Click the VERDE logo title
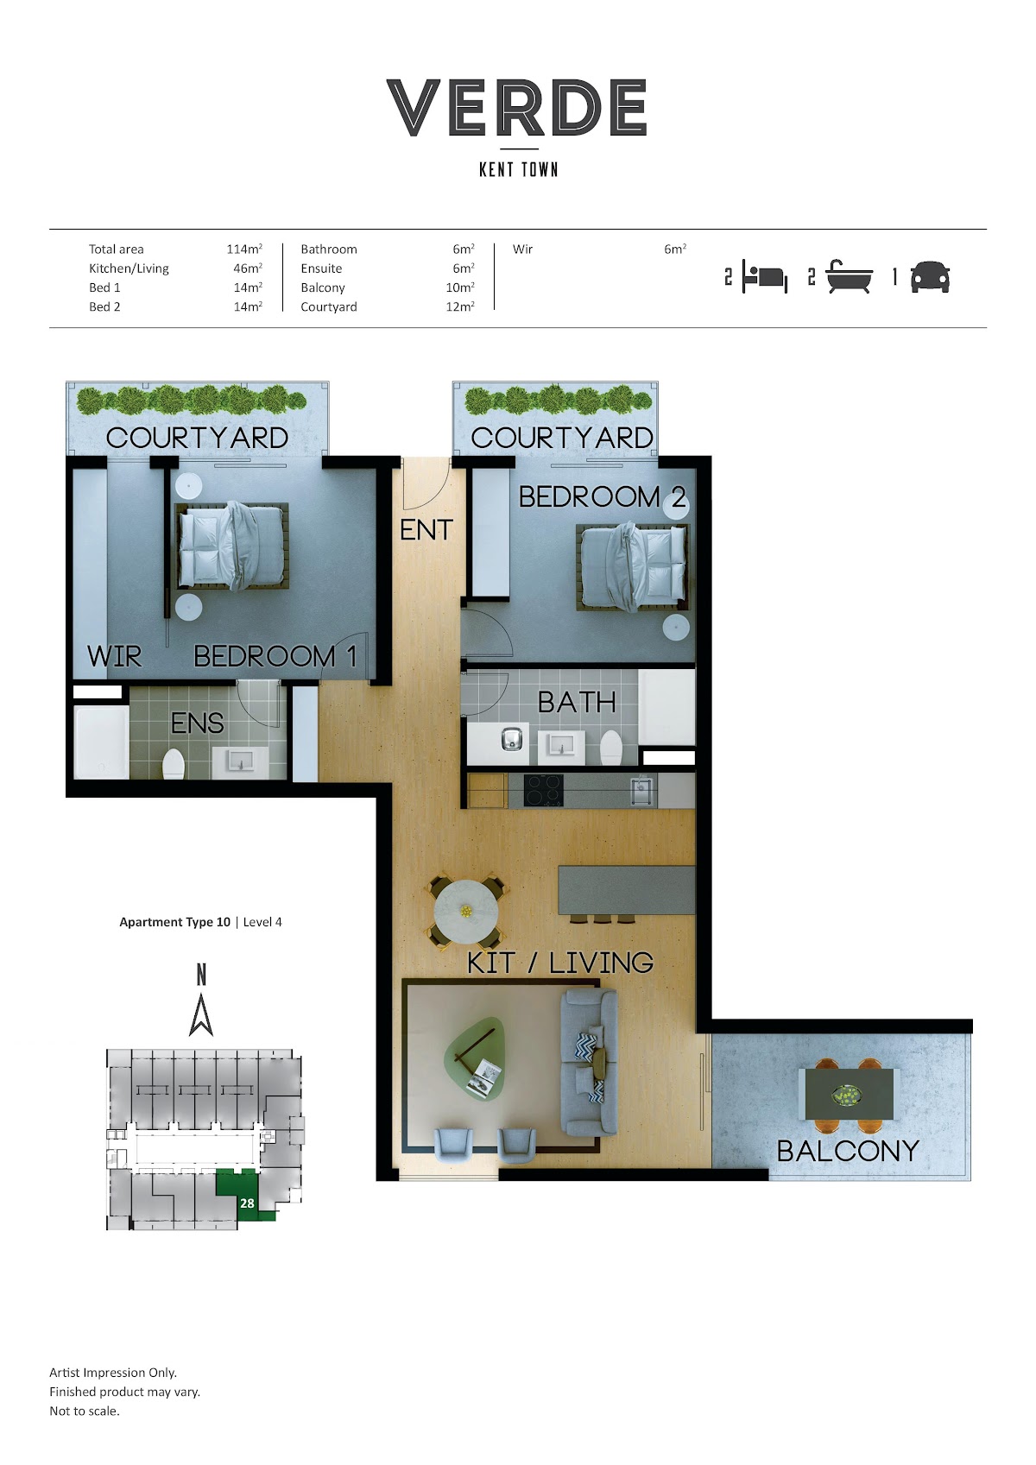516,107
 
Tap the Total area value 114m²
244,249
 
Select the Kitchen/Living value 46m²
248,268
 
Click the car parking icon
930,277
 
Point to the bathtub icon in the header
850,276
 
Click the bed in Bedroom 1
232,546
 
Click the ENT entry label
426,530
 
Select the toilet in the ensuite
174,764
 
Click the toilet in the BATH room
611,747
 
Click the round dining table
465,911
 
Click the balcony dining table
849,1094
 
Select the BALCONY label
848,1151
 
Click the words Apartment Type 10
174,922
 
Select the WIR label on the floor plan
115,656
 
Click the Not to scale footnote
85,1411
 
